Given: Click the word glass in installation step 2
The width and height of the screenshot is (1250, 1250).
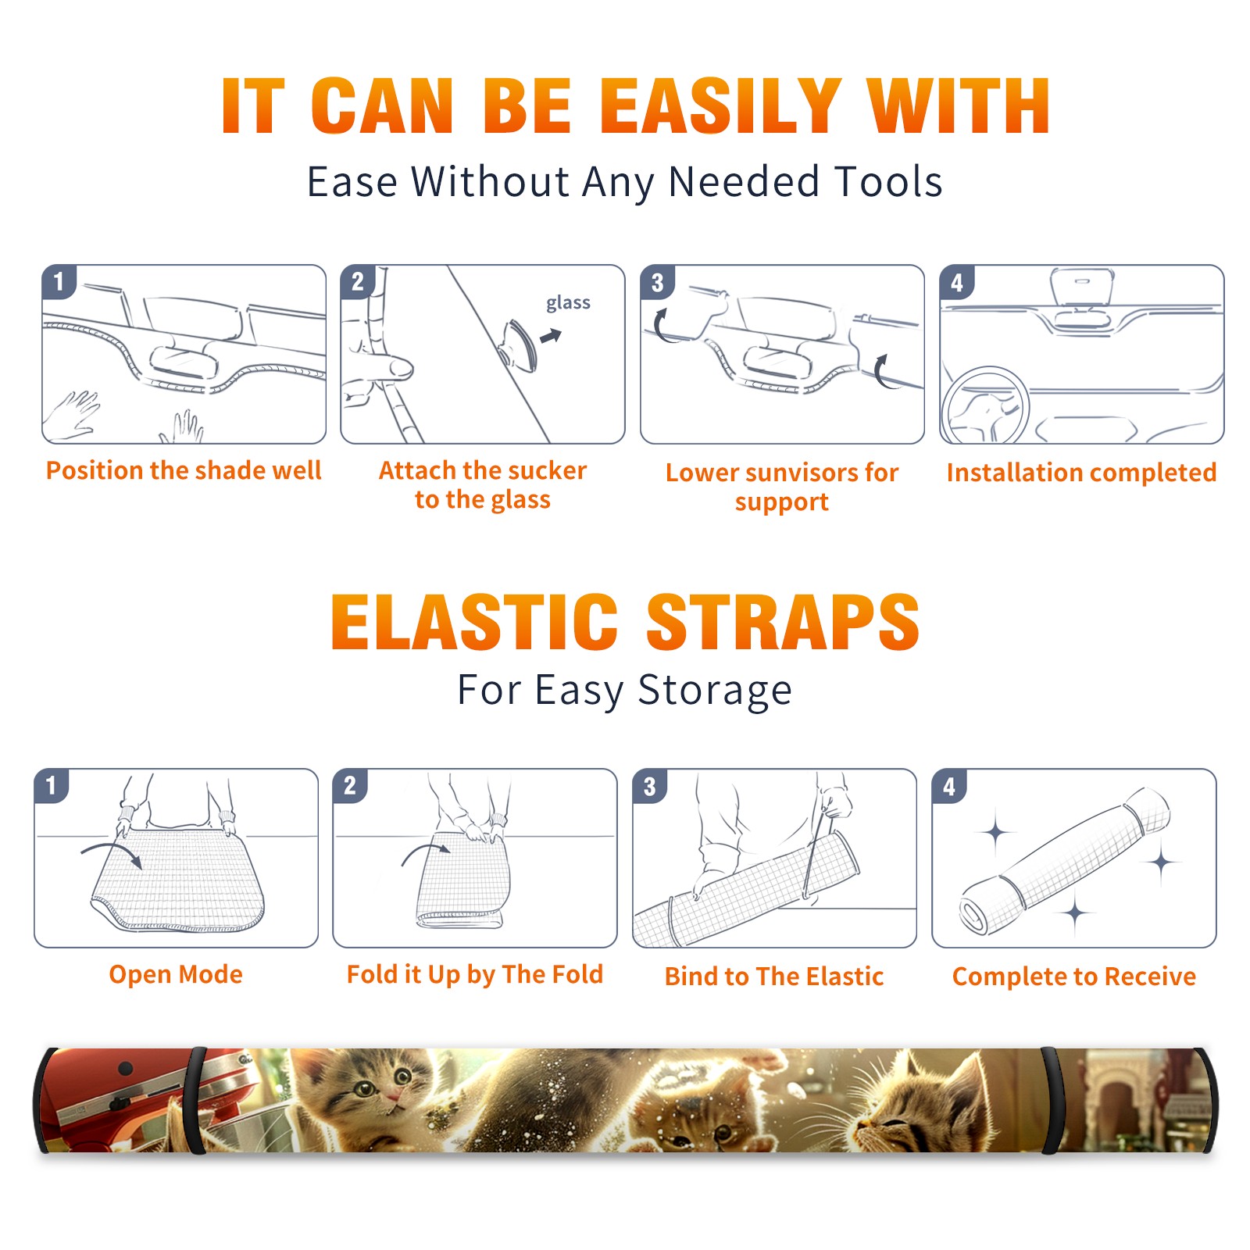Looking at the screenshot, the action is tap(568, 302).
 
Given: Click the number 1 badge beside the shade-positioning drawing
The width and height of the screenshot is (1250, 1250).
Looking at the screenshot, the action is tap(59, 281).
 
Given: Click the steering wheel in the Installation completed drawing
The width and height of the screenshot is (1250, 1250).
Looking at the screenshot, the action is tap(985, 406).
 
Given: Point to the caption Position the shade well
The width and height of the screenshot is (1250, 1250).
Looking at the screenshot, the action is tap(184, 470).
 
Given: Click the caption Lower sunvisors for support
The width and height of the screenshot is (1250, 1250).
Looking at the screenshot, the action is tap(782, 486).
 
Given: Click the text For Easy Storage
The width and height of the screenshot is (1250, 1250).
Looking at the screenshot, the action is tap(625, 691).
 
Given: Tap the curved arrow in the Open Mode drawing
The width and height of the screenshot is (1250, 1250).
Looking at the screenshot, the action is tap(112, 853).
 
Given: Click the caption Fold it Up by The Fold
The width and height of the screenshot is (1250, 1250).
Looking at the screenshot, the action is tap(475, 974).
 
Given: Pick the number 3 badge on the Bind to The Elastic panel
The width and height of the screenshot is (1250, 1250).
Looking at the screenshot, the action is tap(650, 786).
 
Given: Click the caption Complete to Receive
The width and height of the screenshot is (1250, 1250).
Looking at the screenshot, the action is tap(1074, 977).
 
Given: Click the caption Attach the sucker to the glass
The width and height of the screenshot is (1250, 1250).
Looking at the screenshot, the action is tap(483, 484).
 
